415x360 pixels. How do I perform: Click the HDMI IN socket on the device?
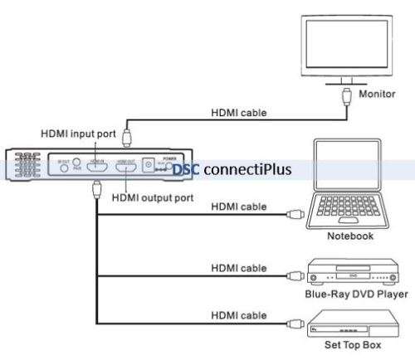coord(97,167)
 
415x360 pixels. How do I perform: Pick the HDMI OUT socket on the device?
coord(126,168)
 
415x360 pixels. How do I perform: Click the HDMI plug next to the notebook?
coord(293,214)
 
